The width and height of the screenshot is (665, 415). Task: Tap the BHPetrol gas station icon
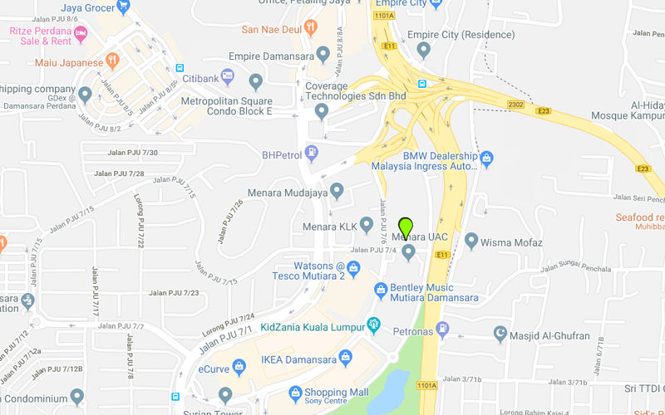click(x=311, y=153)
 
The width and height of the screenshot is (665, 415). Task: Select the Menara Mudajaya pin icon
click(x=337, y=192)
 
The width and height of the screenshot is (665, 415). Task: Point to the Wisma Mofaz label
click(x=511, y=242)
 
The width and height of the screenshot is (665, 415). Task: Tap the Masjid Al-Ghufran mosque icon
click(x=500, y=335)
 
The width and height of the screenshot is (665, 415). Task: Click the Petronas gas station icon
click(x=442, y=330)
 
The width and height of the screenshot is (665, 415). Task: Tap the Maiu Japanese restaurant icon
click(x=113, y=61)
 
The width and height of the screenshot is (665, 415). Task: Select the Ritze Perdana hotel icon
click(x=81, y=33)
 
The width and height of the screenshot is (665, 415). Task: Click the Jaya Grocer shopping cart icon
click(x=124, y=7)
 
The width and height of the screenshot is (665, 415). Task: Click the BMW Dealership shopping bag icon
click(x=488, y=156)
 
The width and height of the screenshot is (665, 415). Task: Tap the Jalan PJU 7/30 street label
click(x=132, y=152)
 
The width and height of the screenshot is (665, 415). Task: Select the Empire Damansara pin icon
click(x=323, y=54)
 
